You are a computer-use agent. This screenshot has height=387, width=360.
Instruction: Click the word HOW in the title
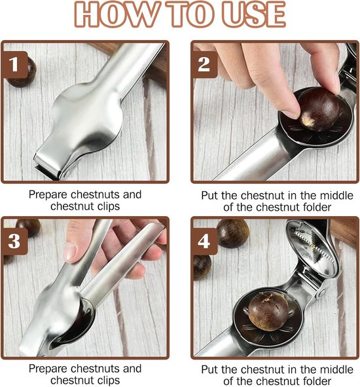tap(116, 14)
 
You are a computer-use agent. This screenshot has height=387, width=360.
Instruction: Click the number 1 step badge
tap(14, 65)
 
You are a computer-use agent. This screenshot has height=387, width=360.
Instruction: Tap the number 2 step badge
tap(204, 65)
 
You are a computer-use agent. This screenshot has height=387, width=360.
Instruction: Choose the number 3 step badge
tap(14, 241)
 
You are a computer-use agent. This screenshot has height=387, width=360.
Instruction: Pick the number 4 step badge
tap(204, 241)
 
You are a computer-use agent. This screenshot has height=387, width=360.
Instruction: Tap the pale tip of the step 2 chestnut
tap(307, 121)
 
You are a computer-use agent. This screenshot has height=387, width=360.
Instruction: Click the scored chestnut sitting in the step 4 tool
tap(268, 311)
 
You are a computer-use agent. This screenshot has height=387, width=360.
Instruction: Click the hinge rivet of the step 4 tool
tap(321, 293)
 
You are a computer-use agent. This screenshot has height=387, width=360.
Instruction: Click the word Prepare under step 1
tap(48, 195)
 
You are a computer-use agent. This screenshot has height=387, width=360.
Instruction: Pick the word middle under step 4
tap(336, 369)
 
